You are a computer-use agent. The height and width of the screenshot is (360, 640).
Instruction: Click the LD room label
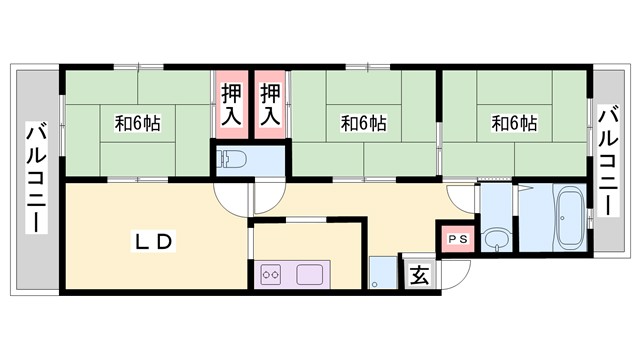156,241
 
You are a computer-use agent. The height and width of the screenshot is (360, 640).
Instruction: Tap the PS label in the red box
456,239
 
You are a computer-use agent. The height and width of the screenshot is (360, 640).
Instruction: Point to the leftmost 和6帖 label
137,124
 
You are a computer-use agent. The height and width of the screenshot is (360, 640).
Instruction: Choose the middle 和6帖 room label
363,124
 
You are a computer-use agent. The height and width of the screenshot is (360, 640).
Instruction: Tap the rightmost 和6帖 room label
514,124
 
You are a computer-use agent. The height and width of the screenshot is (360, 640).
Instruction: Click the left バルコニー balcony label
36,178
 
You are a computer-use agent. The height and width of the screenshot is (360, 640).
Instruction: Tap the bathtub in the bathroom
571,220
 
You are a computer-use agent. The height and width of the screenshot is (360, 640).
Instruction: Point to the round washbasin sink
495,240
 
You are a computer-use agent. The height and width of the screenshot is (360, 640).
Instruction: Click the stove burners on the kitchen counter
271,272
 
